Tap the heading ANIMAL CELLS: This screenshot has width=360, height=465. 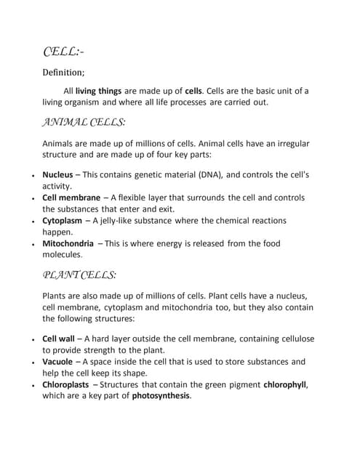click(x=84, y=122)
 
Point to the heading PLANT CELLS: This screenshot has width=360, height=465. click(x=79, y=275)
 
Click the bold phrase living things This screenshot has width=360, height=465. click(x=101, y=92)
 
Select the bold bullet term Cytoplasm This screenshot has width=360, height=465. click(x=63, y=220)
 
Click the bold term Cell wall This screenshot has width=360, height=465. click(x=60, y=339)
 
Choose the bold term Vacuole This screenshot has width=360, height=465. click(x=57, y=361)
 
